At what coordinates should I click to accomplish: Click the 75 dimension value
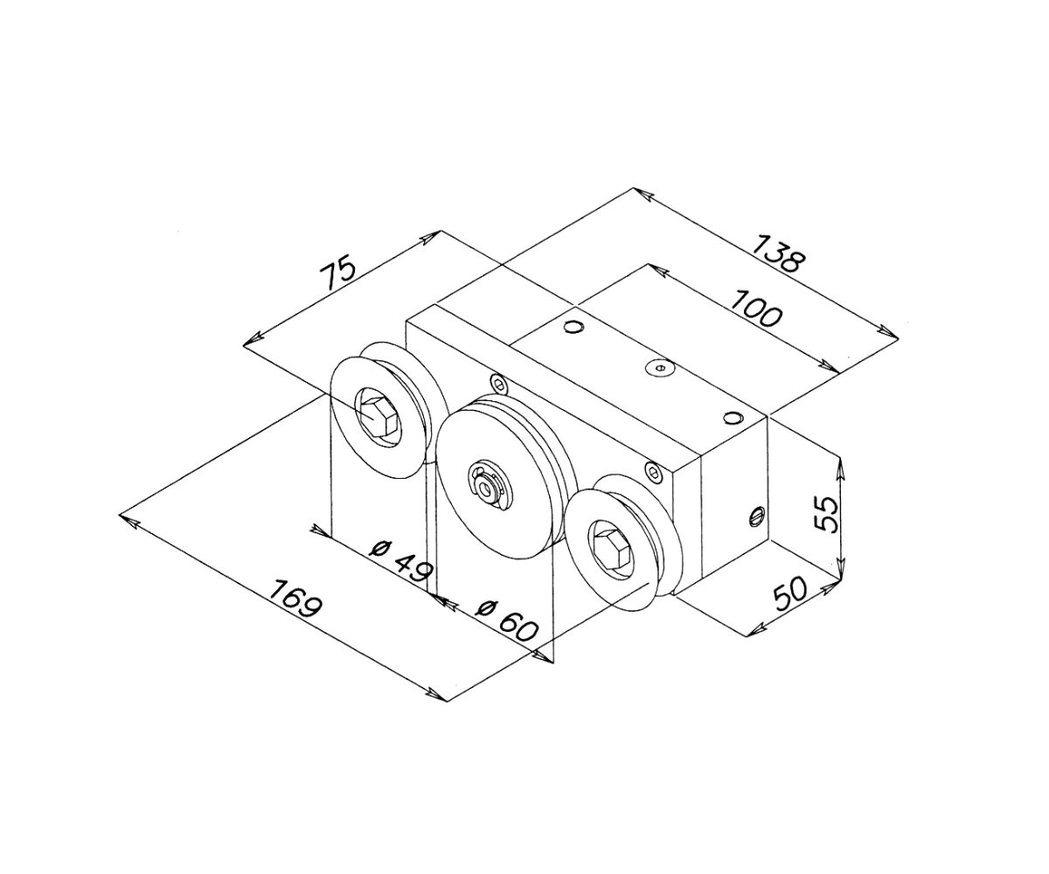pos(338,274)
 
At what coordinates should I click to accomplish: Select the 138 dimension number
pos(777,254)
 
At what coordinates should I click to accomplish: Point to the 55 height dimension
pos(825,513)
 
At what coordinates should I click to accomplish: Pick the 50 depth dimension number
pos(791,593)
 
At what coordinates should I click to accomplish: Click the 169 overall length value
pos(295,597)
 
